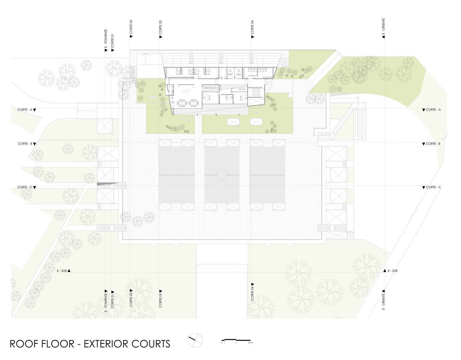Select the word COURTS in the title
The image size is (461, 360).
pyautogui.click(x=149, y=344)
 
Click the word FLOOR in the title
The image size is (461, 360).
pyautogui.click(x=58, y=344)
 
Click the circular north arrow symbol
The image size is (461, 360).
pyautogui.click(x=195, y=340)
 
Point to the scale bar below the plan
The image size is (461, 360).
pyautogui.click(x=236, y=340)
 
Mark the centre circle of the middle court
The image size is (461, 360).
pyautogui.click(x=222, y=175)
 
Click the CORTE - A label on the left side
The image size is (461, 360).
pyautogui.click(x=25, y=109)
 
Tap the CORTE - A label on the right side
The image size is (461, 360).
pyautogui.click(x=433, y=109)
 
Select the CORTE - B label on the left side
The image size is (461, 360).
pyautogui.click(x=25, y=144)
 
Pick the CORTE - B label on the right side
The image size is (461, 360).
pyautogui.click(x=433, y=144)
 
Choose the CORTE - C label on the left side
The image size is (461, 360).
pyautogui.click(x=25, y=187)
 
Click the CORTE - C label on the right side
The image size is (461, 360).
pyautogui.click(x=433, y=187)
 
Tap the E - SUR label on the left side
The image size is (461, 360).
pyautogui.click(x=62, y=271)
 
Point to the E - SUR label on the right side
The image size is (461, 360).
pyautogui.click(x=393, y=271)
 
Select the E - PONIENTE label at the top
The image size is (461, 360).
pyautogui.click(x=106, y=39)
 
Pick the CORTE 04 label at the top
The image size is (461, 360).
pyautogui.click(x=252, y=27)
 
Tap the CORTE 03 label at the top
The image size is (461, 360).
pyautogui.click(x=161, y=27)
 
